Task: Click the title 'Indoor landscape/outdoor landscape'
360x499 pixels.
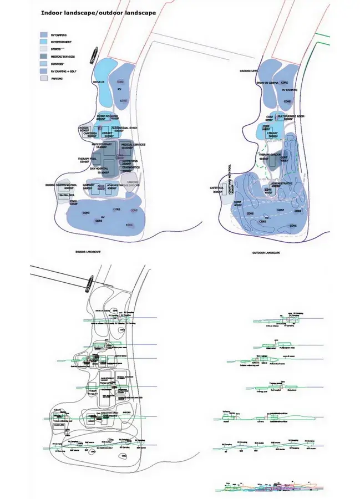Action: tap(98, 12)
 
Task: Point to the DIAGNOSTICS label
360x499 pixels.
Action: tap(130, 167)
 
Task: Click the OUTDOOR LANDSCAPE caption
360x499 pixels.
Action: tap(266, 253)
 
